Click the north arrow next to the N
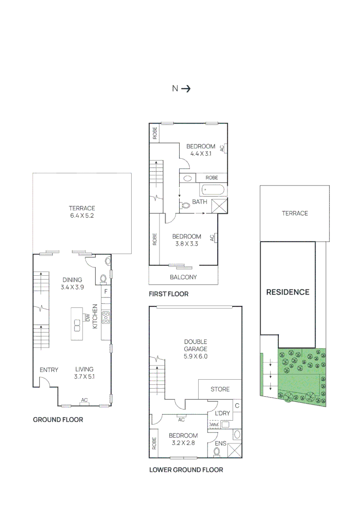tap(186, 88)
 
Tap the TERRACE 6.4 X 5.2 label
tap(82, 212)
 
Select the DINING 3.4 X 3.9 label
tap(72, 283)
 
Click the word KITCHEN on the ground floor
tap(95, 316)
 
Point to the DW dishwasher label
tap(88, 317)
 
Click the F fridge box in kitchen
tap(106, 291)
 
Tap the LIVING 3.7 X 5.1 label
tap(84, 373)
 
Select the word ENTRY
tap(49, 370)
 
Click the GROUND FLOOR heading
tap(58, 419)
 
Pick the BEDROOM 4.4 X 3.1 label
tap(201, 150)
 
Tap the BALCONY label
tap(183, 277)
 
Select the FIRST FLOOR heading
tap(168, 294)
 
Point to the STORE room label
tap(220, 389)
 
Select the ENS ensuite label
tap(220, 443)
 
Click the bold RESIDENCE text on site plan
tap(288, 292)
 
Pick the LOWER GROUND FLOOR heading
tap(186, 470)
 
